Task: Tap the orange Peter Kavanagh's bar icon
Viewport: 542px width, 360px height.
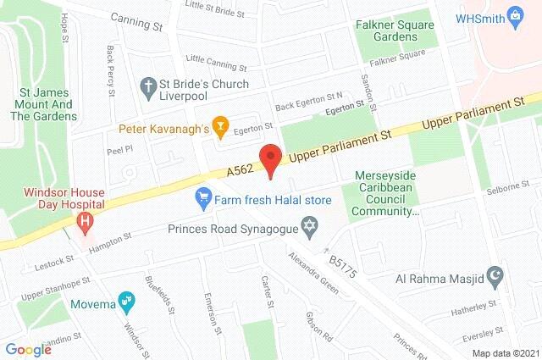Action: pyautogui.click(x=220, y=129)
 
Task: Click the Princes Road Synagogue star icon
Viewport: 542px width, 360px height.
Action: pyautogui.click(x=309, y=226)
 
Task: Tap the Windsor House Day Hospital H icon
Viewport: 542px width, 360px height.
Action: pyautogui.click(x=85, y=223)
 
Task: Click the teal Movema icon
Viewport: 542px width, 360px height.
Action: pyautogui.click(x=127, y=299)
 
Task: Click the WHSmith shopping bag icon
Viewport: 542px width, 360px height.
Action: pyautogui.click(x=513, y=17)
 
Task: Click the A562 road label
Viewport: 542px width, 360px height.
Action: pyautogui.click(x=240, y=170)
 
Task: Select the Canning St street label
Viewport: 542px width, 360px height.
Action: pyautogui.click(x=139, y=25)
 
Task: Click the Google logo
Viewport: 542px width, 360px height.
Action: pyautogui.click(x=28, y=349)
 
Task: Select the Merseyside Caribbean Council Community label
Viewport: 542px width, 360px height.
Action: pyautogui.click(x=385, y=194)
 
